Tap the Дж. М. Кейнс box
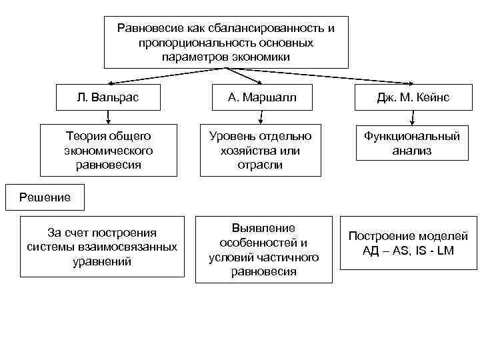click(413, 98)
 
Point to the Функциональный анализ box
click(412, 143)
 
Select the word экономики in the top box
click(261, 57)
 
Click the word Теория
click(79, 136)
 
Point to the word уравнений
click(101, 261)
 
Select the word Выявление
click(263, 228)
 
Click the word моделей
click(445, 236)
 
